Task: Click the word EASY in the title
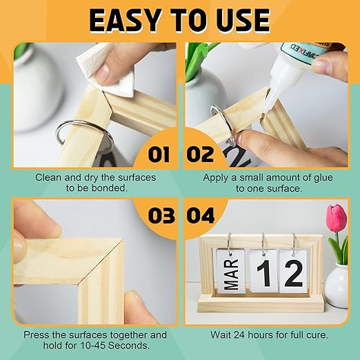pyautogui.click(x=128, y=21)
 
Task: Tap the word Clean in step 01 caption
pyautogui.click(x=49, y=177)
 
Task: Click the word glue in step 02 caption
pyautogui.click(x=301, y=177)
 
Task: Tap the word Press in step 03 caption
pyautogui.click(x=37, y=334)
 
